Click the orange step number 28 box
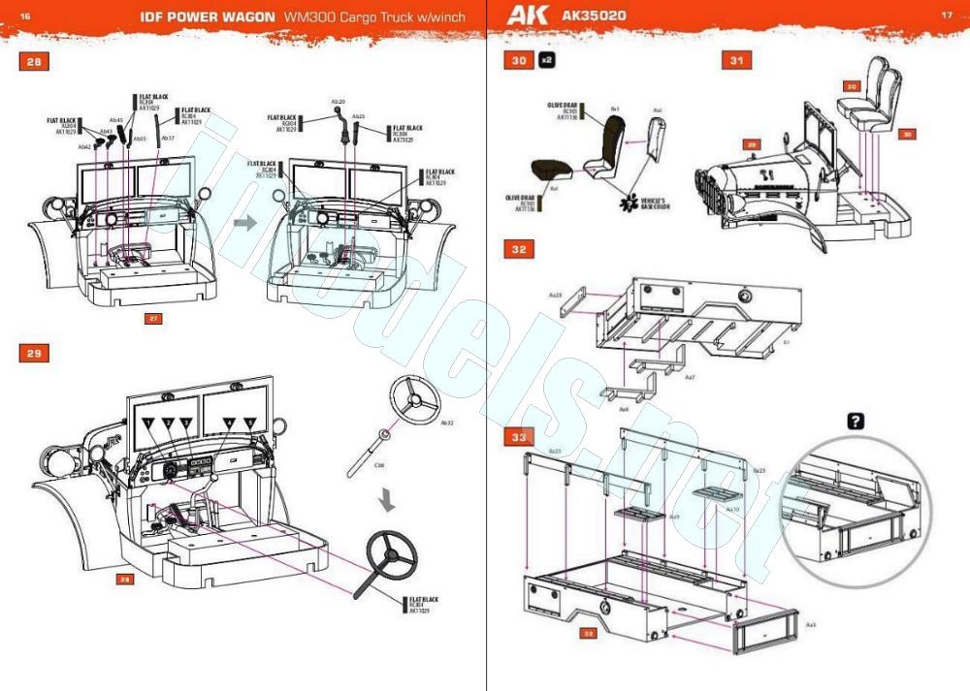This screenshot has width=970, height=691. pyautogui.click(x=34, y=62)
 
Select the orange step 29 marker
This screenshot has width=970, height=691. pyautogui.click(x=34, y=353)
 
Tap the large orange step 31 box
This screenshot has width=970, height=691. pyautogui.click(x=736, y=61)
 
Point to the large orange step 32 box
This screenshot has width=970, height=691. pyautogui.click(x=519, y=249)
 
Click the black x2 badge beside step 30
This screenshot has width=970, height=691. pyautogui.click(x=546, y=61)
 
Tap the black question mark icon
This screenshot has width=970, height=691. pyautogui.click(x=855, y=421)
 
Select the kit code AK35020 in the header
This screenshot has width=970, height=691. pyautogui.click(x=594, y=16)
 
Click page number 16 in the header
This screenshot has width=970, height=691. pyautogui.click(x=25, y=16)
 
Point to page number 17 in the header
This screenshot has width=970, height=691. pyautogui.click(x=946, y=16)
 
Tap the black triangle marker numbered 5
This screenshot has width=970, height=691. pyautogui.click(x=250, y=424)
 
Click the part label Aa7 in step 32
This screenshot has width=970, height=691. pyautogui.click(x=690, y=377)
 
